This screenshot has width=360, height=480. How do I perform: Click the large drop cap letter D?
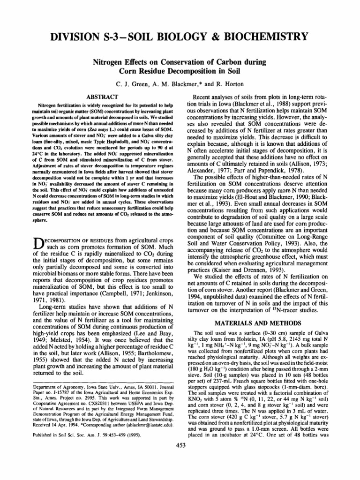pyautogui.click(x=40, y=244)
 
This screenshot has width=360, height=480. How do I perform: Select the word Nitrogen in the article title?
pyautogui.click(x=111, y=61)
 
